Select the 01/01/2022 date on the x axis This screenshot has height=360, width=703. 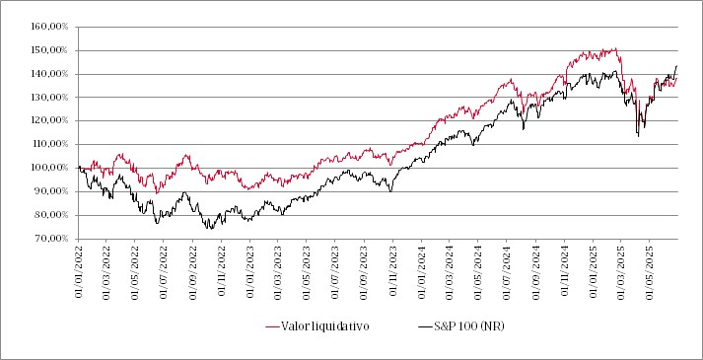pos(79,269)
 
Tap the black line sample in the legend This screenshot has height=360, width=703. pos(424,325)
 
